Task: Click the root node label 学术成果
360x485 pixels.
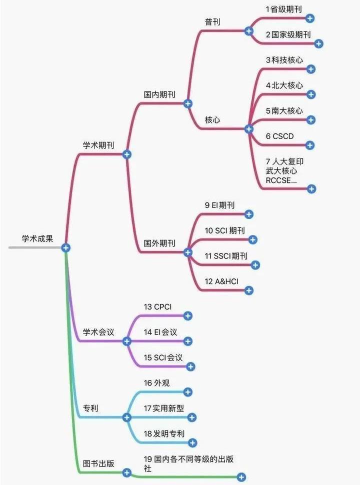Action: [x=36, y=238]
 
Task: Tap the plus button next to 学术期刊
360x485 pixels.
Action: [x=126, y=154]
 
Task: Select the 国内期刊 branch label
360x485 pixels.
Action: [x=159, y=94]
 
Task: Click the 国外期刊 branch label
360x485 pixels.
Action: [x=159, y=243]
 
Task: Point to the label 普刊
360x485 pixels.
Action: [x=212, y=21]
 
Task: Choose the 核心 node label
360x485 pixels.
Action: [x=212, y=120]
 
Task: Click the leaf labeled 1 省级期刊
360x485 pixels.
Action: [x=284, y=9]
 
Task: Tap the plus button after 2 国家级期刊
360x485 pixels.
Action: [x=319, y=44]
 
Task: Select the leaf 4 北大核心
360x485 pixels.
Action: [x=284, y=85]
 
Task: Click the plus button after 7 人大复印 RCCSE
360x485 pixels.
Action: [x=311, y=188]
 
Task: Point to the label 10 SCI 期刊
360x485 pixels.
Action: [x=224, y=230]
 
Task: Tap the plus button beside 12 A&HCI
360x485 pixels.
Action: [x=248, y=290]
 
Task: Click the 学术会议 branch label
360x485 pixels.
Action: [x=98, y=332]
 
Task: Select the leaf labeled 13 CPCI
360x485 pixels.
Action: [x=157, y=306]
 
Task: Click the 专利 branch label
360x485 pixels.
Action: [x=90, y=408]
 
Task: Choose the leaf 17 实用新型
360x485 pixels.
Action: [x=163, y=408]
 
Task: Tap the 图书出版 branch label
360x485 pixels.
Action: [x=98, y=463]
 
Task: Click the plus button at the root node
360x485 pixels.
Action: [x=65, y=247]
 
